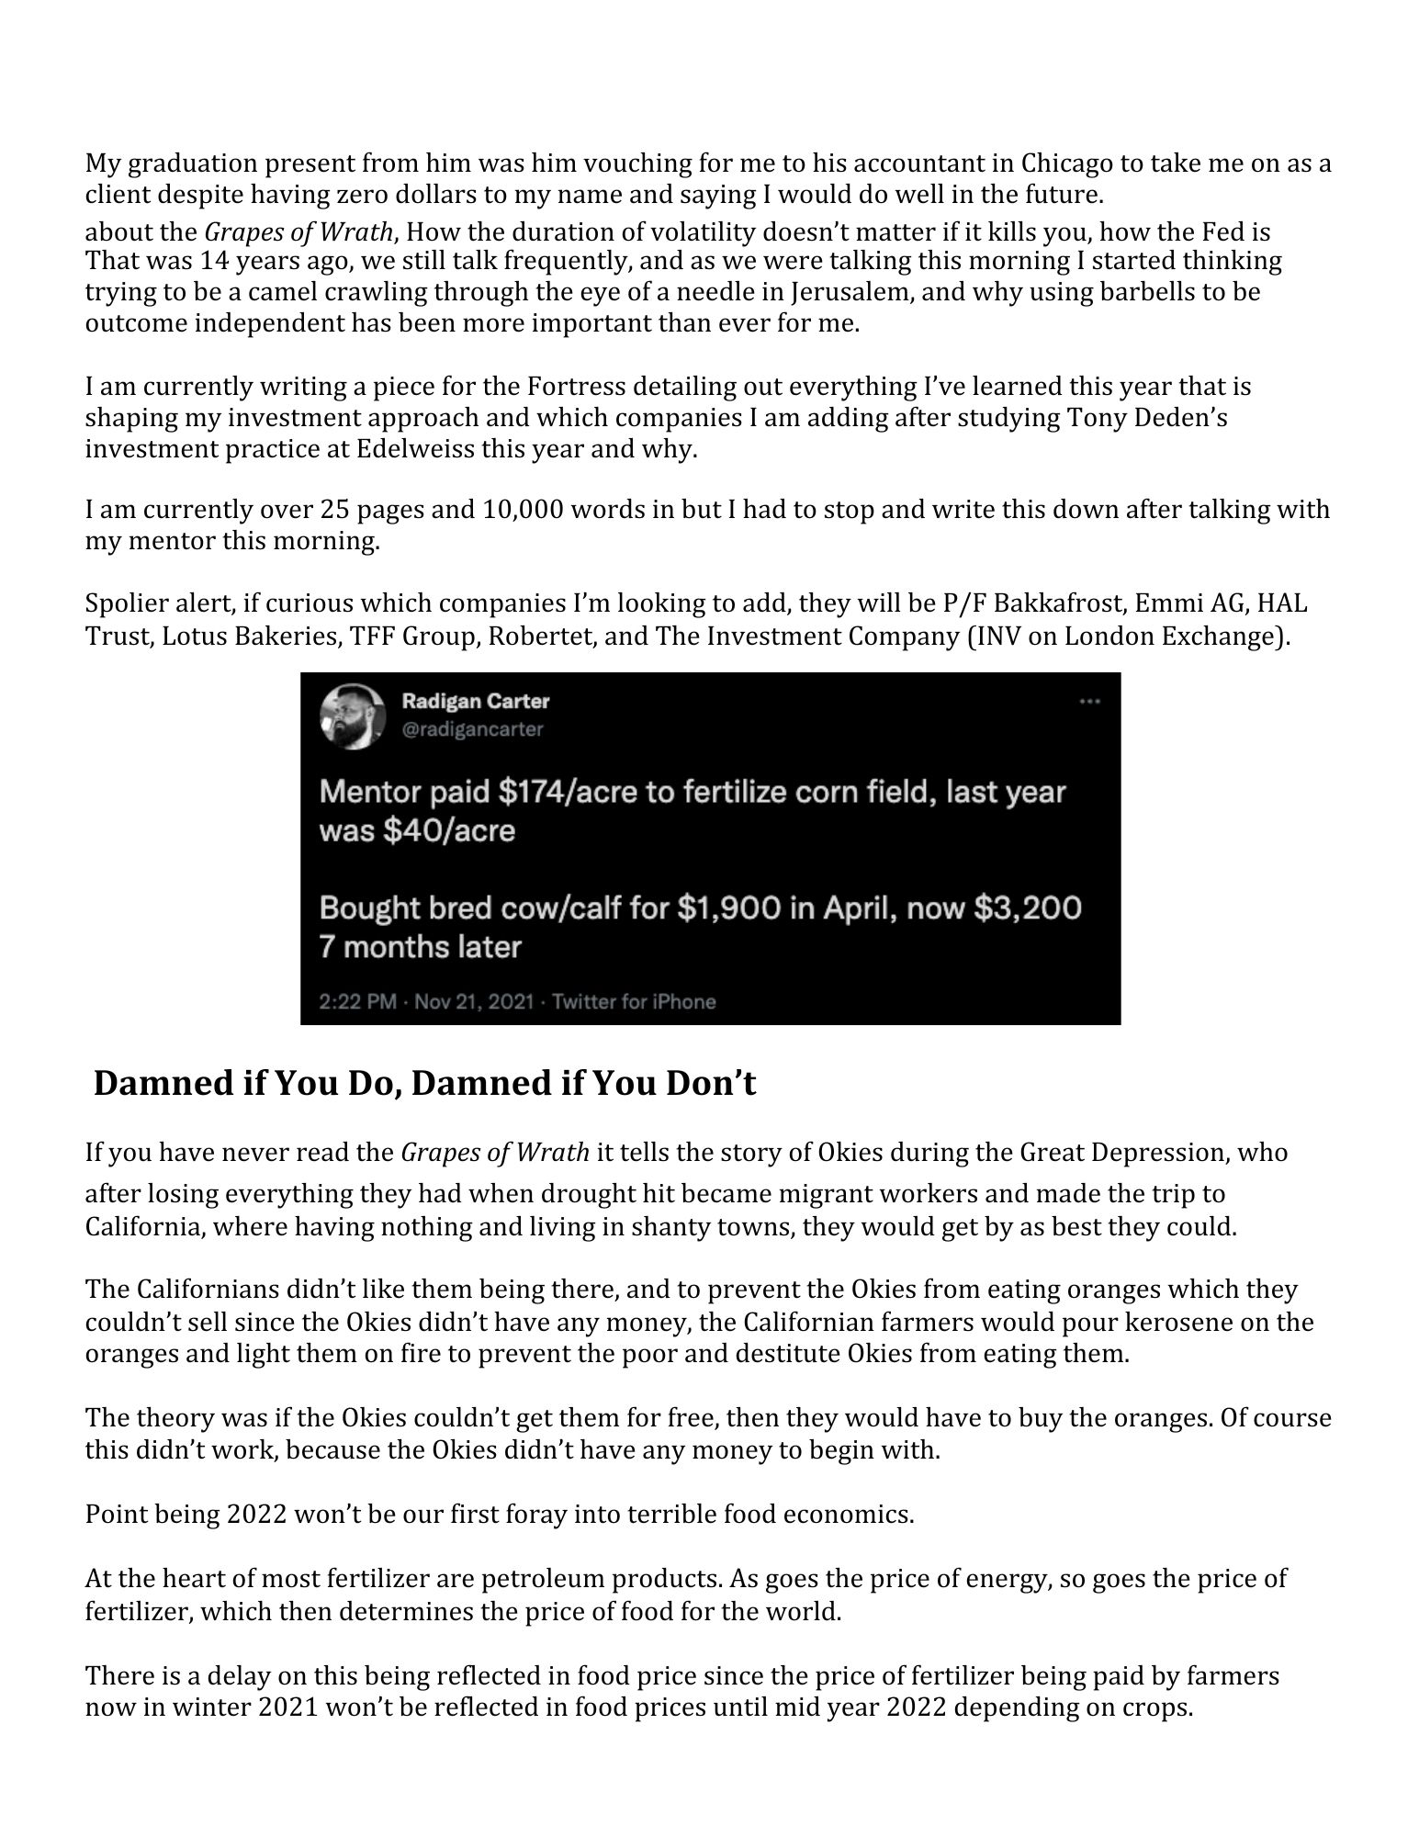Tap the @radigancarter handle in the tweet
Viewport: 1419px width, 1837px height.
click(x=473, y=729)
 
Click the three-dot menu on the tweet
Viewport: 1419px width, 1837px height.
click(x=1089, y=703)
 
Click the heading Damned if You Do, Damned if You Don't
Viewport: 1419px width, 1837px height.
click(x=424, y=1084)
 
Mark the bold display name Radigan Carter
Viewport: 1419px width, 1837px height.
click(x=476, y=702)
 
